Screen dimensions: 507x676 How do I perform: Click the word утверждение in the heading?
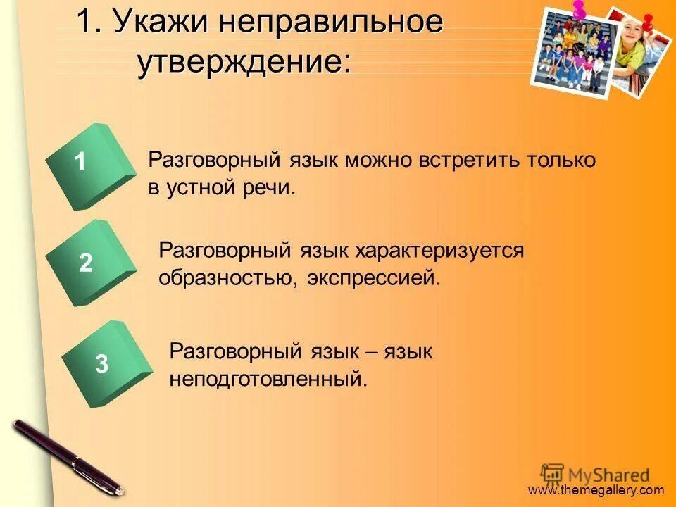pyautogui.click(x=243, y=63)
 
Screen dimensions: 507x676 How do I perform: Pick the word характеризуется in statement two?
pyautogui.click(x=439, y=250)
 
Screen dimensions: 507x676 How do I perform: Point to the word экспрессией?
pyautogui.click(x=373, y=278)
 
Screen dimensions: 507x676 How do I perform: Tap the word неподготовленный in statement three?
pyautogui.click(x=268, y=380)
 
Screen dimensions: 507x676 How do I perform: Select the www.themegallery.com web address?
pyautogui.click(x=596, y=490)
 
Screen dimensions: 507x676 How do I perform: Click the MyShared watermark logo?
pyautogui.click(x=595, y=474)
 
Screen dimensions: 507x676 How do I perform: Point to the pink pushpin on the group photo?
pyautogui.click(x=580, y=10)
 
